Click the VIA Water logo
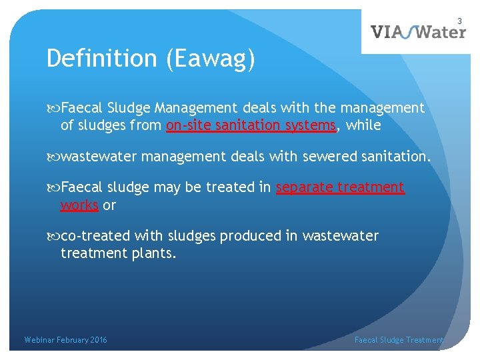pyautogui.click(x=418, y=31)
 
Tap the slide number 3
pyautogui.click(x=459, y=21)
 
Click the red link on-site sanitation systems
pyautogui.click(x=251, y=125)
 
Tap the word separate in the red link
pyautogui.click(x=303, y=187)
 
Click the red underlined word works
pyautogui.click(x=79, y=205)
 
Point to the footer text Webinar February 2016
pyautogui.click(x=65, y=340)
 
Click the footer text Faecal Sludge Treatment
pyautogui.click(x=399, y=340)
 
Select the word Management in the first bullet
pyautogui.click(x=196, y=108)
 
